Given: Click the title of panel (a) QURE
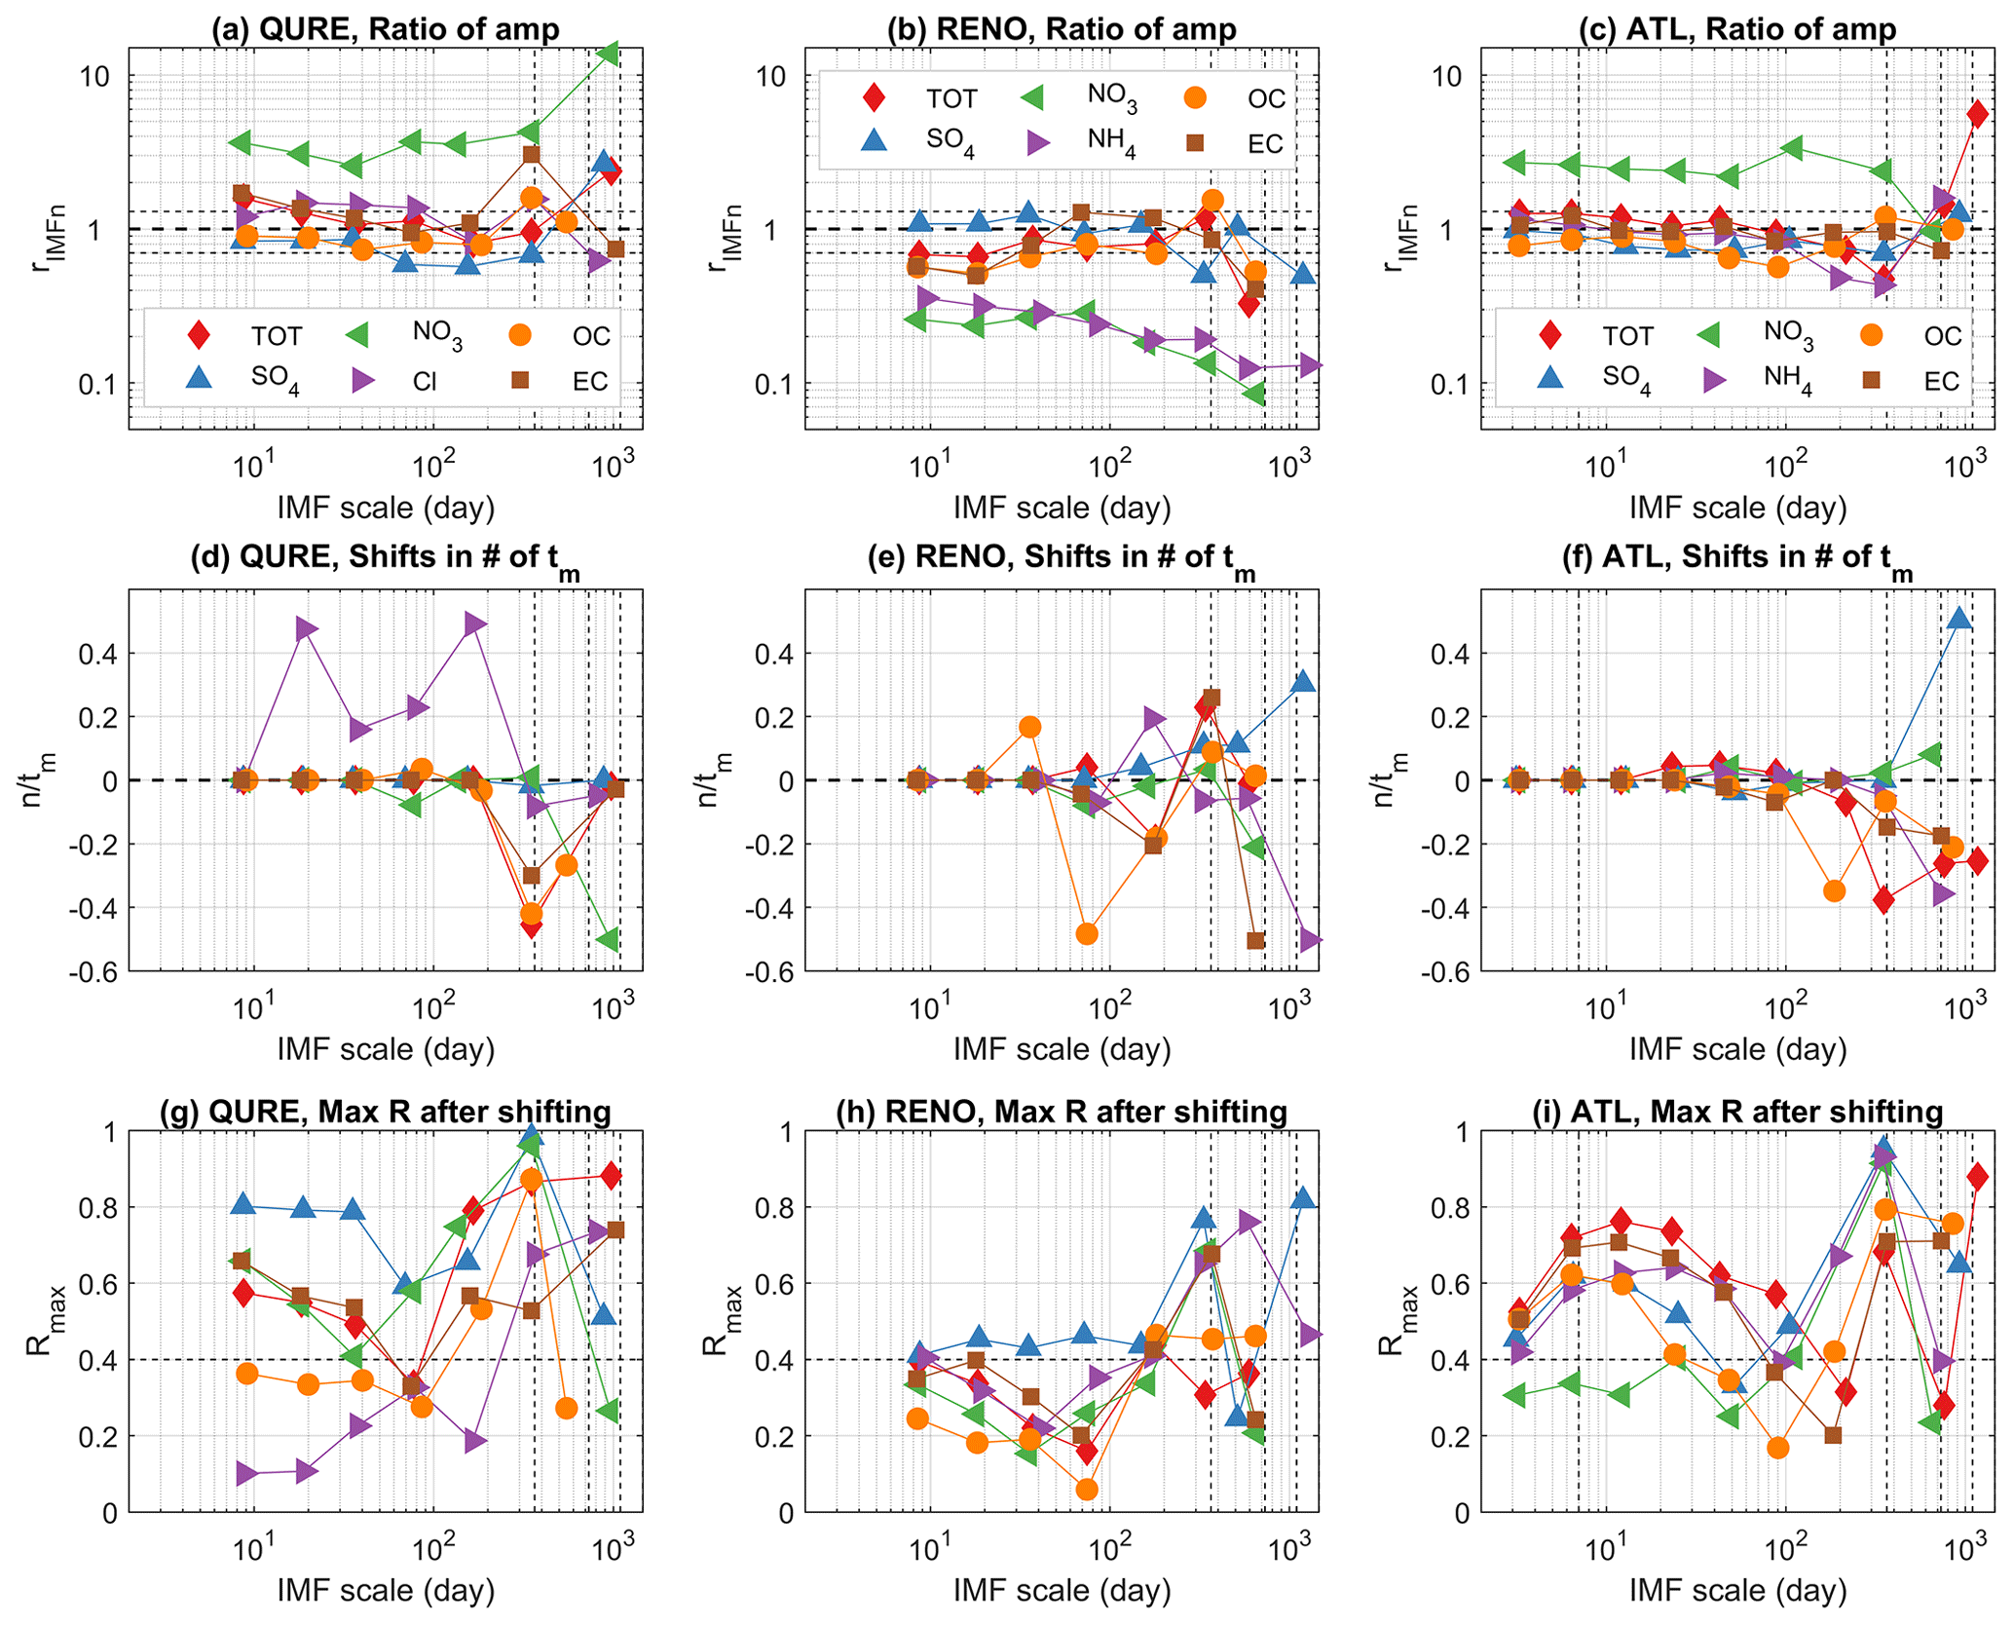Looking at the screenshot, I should pos(386,29).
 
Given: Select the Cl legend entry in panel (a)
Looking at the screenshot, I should pos(425,382).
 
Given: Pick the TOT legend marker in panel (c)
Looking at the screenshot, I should pos(1550,336).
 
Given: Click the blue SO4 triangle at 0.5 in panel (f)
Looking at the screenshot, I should pos(1960,619).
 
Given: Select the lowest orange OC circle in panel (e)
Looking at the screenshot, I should pos(1087,933).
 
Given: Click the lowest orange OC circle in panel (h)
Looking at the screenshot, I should pos(1087,1490).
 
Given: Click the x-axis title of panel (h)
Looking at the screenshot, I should pos(1062,1591).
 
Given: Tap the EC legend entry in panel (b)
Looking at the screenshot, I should pos(1265,144).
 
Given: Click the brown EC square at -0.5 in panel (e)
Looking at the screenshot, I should pos(1255,940).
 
